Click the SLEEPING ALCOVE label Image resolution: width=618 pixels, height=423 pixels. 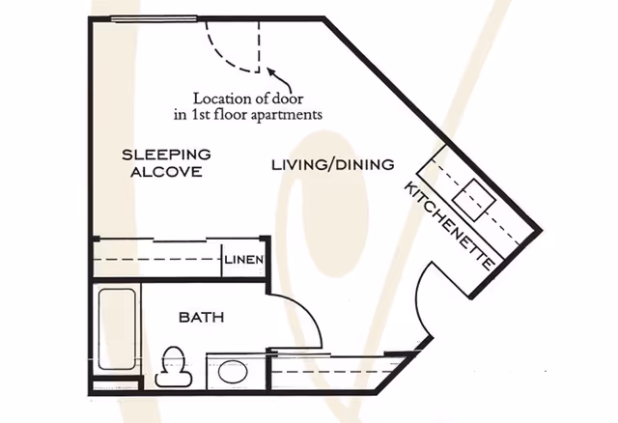click(166, 163)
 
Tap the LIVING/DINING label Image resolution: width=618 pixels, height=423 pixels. click(331, 165)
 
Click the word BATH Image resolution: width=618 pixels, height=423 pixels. click(202, 317)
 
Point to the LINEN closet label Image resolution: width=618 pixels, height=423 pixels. click(243, 260)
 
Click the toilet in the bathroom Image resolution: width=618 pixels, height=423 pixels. click(175, 365)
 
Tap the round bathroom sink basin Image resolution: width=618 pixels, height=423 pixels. click(233, 371)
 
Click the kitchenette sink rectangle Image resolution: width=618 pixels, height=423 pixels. click(475, 200)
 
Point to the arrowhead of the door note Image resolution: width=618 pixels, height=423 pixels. click(270, 71)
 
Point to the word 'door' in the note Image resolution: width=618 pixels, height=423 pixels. click(303, 98)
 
